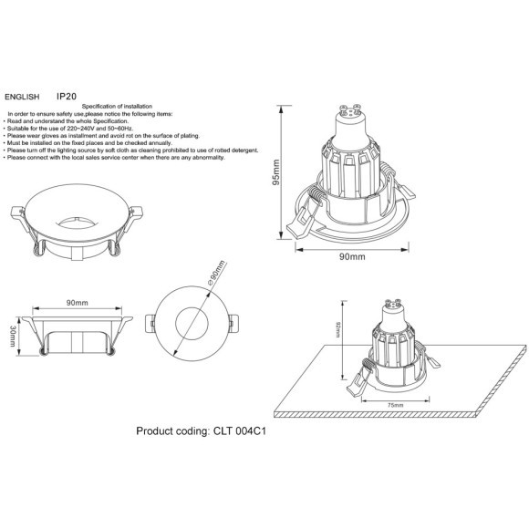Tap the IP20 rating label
66,95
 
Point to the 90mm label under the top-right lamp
352,257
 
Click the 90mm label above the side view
77,302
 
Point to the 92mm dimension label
337,329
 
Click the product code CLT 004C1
245,429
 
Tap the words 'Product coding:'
172,429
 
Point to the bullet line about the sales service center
114,158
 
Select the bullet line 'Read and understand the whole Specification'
67,120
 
